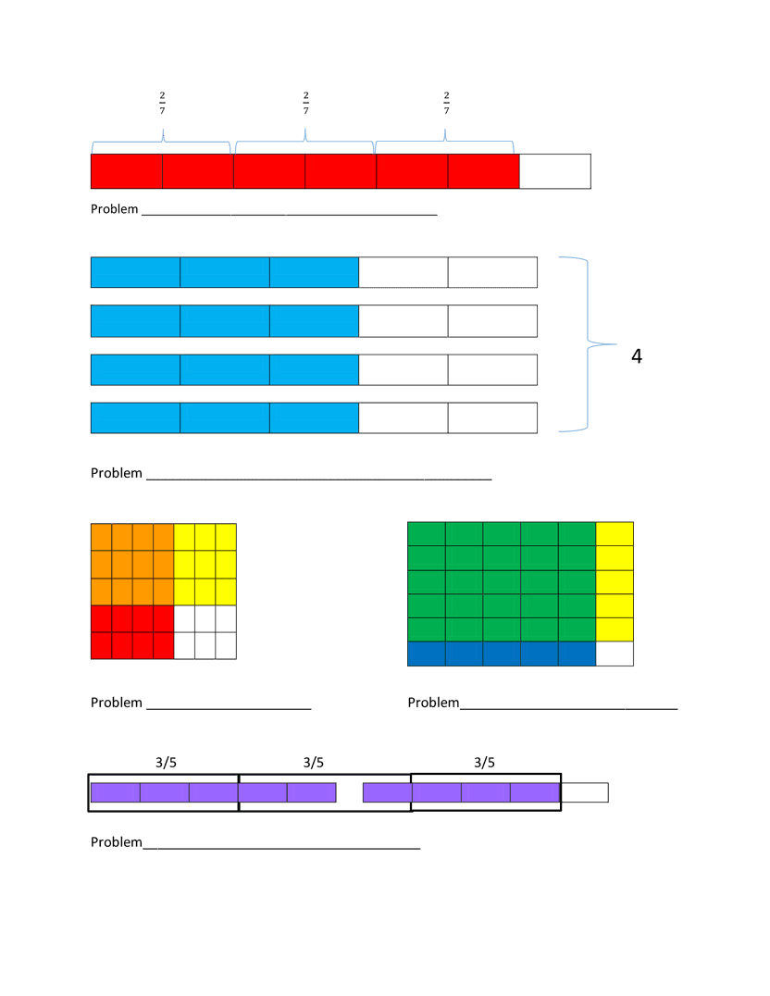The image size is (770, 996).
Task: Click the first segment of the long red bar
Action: (x=127, y=171)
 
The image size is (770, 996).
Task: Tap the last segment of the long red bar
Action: (x=483, y=171)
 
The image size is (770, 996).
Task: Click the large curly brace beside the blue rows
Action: (x=590, y=344)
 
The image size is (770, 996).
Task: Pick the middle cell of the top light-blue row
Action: (x=225, y=272)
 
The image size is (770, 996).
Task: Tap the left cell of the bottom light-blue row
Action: (x=135, y=417)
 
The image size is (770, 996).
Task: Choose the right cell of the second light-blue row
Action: (x=314, y=321)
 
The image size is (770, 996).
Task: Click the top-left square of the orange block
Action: (x=101, y=537)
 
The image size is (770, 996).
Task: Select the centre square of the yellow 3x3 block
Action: (x=205, y=564)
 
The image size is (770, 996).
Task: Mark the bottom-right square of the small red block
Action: (x=163, y=645)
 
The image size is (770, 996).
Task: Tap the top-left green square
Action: (x=427, y=534)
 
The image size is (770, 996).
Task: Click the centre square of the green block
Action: (x=502, y=582)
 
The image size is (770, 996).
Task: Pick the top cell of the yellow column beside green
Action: (x=615, y=534)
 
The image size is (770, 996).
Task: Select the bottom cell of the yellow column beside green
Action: (x=615, y=629)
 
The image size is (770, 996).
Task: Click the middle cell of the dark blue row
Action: (x=502, y=654)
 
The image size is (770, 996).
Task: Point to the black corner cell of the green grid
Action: (x=615, y=654)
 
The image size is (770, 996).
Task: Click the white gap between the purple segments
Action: (x=349, y=792)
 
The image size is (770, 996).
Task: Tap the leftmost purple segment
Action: (x=116, y=792)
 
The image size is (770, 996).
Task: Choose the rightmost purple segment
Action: (x=535, y=792)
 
